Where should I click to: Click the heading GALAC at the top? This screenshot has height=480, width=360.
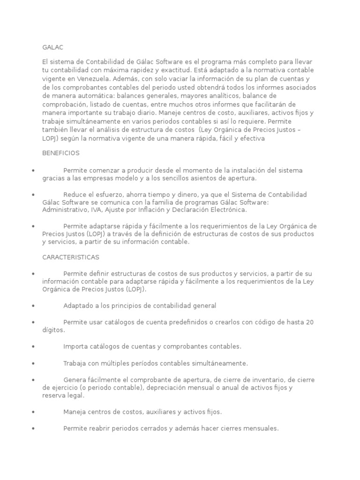coord(52,47)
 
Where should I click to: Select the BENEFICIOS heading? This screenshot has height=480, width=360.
coord(61,153)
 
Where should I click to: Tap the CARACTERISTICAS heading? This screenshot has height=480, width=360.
coord(71,257)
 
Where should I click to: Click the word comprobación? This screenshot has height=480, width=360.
coord(64,105)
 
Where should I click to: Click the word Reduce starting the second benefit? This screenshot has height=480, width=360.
coord(75,195)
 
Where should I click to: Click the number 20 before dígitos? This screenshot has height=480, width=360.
coord(309,322)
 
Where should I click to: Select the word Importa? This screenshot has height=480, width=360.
coord(76,346)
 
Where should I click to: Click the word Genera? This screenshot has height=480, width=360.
coord(75,380)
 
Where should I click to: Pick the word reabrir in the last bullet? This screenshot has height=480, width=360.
coord(103,428)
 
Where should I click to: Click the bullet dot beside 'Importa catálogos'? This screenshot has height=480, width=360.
coord(33,347)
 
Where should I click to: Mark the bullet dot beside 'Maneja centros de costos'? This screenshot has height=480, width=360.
coord(33,412)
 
